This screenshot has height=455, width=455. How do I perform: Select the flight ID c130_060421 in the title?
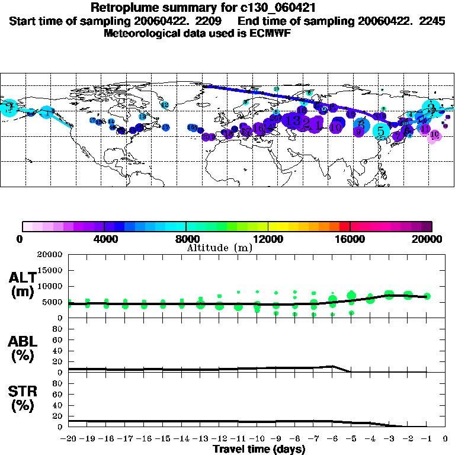[x=281, y=8]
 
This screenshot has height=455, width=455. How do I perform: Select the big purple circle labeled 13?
[x=293, y=120]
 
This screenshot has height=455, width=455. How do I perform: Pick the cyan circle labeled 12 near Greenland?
[x=165, y=105]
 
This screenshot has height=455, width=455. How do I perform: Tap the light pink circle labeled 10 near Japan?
[x=435, y=136]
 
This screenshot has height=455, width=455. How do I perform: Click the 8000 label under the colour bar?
[x=186, y=239]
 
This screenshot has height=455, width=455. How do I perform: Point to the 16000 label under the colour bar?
[x=350, y=239]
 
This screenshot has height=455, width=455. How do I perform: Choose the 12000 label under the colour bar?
[x=268, y=239]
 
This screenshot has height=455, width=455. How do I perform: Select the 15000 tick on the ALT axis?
[x=50, y=270]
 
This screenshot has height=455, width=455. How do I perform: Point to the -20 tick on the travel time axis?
[x=69, y=438]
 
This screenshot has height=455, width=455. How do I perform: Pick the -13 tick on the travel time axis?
[x=200, y=438]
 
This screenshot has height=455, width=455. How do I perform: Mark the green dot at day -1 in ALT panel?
[x=427, y=296]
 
